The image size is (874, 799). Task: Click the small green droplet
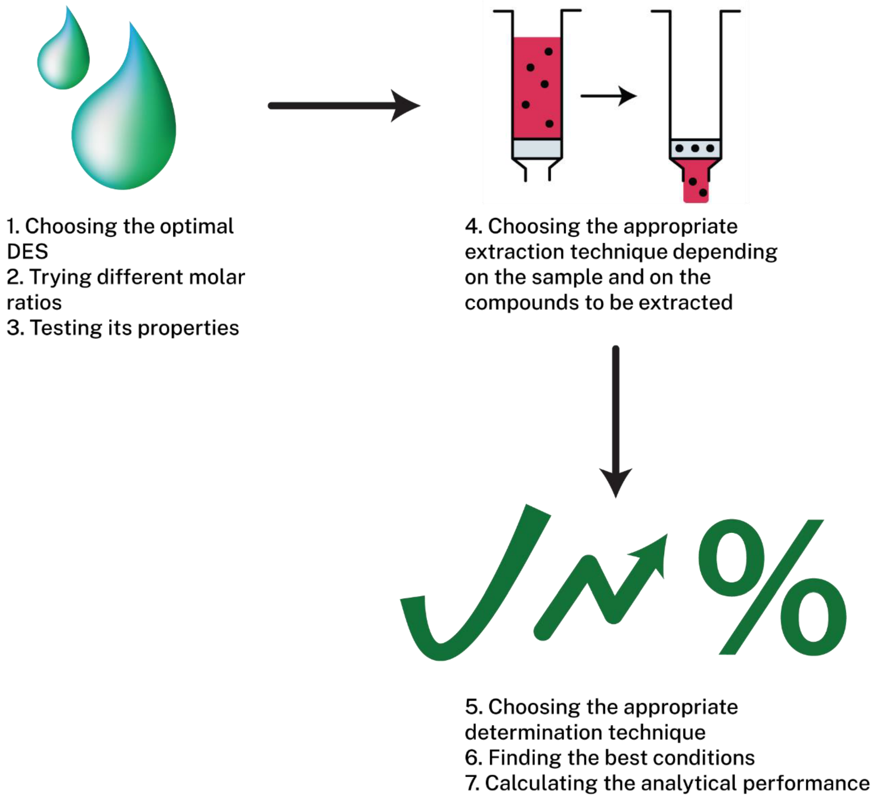(x=63, y=56)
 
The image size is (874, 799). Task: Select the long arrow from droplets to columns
(x=344, y=105)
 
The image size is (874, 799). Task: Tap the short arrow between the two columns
(x=608, y=95)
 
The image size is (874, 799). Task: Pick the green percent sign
(x=772, y=587)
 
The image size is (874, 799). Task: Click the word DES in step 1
(x=27, y=251)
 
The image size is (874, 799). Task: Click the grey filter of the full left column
(x=537, y=149)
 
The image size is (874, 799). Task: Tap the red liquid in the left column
(x=537, y=87)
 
